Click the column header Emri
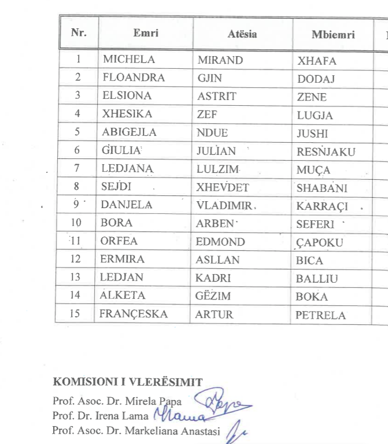pyautogui.click(x=146, y=33)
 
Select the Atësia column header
pyautogui.click(x=242, y=34)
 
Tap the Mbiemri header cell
pyautogui.click(x=333, y=34)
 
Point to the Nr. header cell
pyautogui.click(x=79, y=32)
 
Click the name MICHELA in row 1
pyautogui.click(x=129, y=60)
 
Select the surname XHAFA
pyautogui.click(x=316, y=61)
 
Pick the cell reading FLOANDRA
pyautogui.click(x=134, y=77)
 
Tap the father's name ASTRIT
pyautogui.click(x=217, y=97)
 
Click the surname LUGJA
pyautogui.click(x=315, y=116)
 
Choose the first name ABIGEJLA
pyautogui.click(x=130, y=132)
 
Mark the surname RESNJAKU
pyautogui.click(x=326, y=153)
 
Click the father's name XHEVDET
pyautogui.click(x=221, y=188)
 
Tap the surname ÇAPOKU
pyautogui.click(x=319, y=243)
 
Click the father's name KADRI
pyautogui.click(x=213, y=278)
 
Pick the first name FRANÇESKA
pyautogui.click(x=134, y=314)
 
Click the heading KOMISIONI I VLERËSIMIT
pyautogui.click(x=128, y=382)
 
